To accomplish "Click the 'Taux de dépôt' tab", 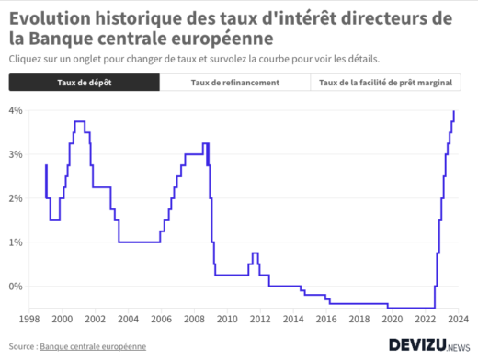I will [x=84, y=83].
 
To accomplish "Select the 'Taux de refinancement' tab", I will [x=234, y=83].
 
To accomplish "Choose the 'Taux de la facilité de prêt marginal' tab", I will [x=385, y=83].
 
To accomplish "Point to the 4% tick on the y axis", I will [x=16, y=110].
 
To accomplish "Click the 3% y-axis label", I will [x=16, y=154].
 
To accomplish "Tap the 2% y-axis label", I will [x=16, y=198].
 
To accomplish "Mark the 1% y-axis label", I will [x=16, y=242].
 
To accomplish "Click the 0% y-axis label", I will [x=16, y=287].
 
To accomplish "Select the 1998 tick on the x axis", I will [x=28, y=319].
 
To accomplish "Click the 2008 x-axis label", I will [x=194, y=319].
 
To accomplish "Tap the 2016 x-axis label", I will [x=326, y=319].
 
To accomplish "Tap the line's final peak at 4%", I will [x=454, y=111].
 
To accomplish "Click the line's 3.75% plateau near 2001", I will [x=80, y=121].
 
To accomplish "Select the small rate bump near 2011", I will [x=255, y=253].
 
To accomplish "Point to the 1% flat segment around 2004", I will [x=138, y=242].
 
